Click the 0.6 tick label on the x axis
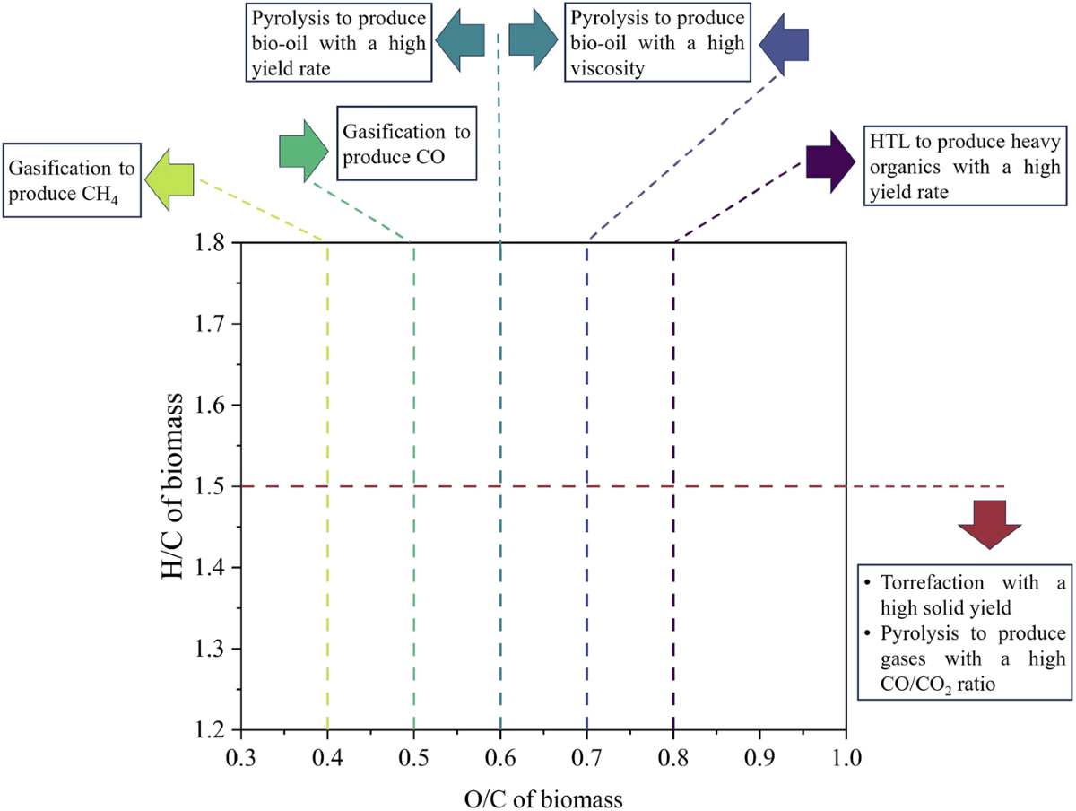(499, 756)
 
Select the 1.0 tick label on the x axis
(846, 756)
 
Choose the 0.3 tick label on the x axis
(240, 756)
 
